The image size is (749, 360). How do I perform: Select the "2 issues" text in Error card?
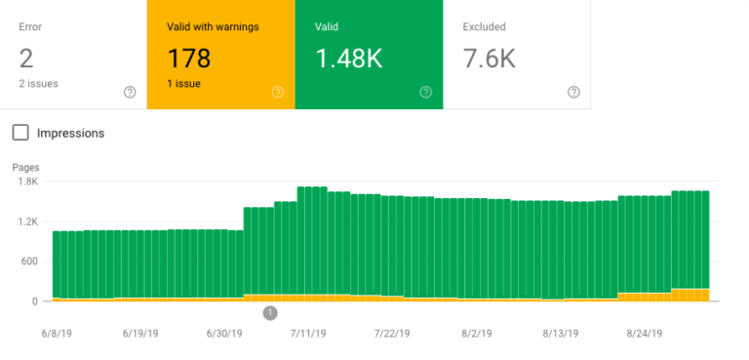pyautogui.click(x=39, y=85)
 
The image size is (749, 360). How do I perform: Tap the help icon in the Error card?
pyautogui.click(x=130, y=92)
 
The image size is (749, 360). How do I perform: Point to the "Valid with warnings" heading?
pyautogui.click(x=212, y=26)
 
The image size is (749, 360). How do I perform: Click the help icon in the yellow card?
pyautogui.click(x=277, y=92)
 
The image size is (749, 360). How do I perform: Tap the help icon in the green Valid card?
pyautogui.click(x=425, y=92)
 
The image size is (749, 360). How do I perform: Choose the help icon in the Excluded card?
pyautogui.click(x=573, y=92)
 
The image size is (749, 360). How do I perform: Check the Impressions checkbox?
pyautogui.click(x=20, y=133)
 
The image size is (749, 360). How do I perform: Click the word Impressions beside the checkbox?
pyautogui.click(x=70, y=133)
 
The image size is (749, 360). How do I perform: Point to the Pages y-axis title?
pyautogui.click(x=25, y=168)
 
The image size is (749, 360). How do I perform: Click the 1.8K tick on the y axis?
pyautogui.click(x=26, y=181)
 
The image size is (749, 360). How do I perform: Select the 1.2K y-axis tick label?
pyautogui.click(x=26, y=221)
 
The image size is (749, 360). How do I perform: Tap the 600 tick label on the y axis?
pyautogui.click(x=28, y=261)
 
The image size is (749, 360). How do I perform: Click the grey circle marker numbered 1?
pyautogui.click(x=270, y=313)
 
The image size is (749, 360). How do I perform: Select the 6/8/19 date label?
pyautogui.click(x=58, y=333)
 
